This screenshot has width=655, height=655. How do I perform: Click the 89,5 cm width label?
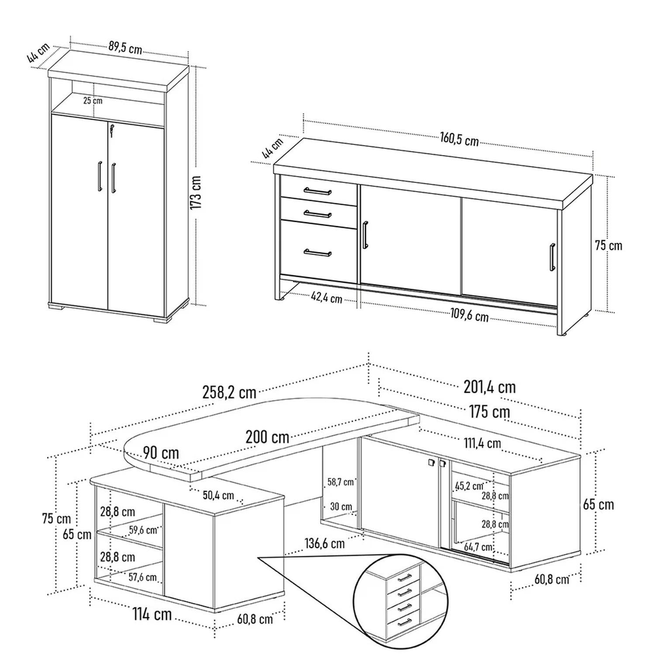pyautogui.click(x=125, y=48)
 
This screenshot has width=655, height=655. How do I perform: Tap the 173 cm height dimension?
pyautogui.click(x=196, y=193)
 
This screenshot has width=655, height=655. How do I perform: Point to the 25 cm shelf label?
pyautogui.click(x=93, y=100)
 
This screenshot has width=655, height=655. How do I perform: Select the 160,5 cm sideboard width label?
pyautogui.click(x=459, y=140)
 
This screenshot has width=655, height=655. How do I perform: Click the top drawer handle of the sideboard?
pyautogui.click(x=318, y=191)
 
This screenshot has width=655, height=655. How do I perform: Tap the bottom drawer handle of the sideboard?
pyautogui.click(x=318, y=253)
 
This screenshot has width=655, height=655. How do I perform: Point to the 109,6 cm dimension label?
pyautogui.click(x=469, y=315)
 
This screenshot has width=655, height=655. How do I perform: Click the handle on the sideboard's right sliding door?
pyautogui.click(x=552, y=257)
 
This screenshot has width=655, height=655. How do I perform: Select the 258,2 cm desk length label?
pyautogui.click(x=229, y=392)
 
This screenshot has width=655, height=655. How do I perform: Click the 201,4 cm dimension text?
pyautogui.click(x=490, y=387)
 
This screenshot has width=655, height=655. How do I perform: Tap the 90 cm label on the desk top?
pyautogui.click(x=161, y=453)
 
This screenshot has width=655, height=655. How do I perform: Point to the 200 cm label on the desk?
pyautogui.click(x=267, y=437)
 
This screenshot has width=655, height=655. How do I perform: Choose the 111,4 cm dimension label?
pyautogui.click(x=483, y=444)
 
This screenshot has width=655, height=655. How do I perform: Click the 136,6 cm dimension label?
pyautogui.click(x=324, y=544)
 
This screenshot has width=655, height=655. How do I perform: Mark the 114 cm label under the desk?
pyautogui.click(x=152, y=614)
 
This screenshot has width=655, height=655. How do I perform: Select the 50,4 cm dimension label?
pyautogui.click(x=218, y=495)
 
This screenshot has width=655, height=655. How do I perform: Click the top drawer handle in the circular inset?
pyautogui.click(x=405, y=577)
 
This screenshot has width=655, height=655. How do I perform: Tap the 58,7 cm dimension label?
pyautogui.click(x=341, y=482)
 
